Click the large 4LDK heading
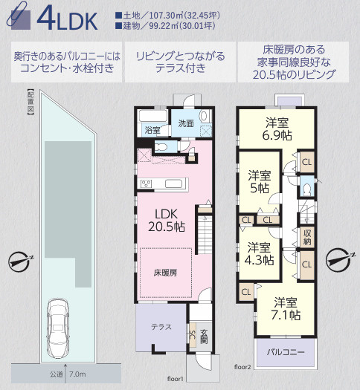click(x=65, y=19)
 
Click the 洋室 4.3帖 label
click(x=260, y=253)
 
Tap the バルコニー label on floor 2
click(x=286, y=351)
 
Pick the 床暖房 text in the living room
click(x=165, y=273)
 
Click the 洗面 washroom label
click(x=185, y=123)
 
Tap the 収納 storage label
click(x=306, y=237)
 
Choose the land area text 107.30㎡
click(x=160, y=15)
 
